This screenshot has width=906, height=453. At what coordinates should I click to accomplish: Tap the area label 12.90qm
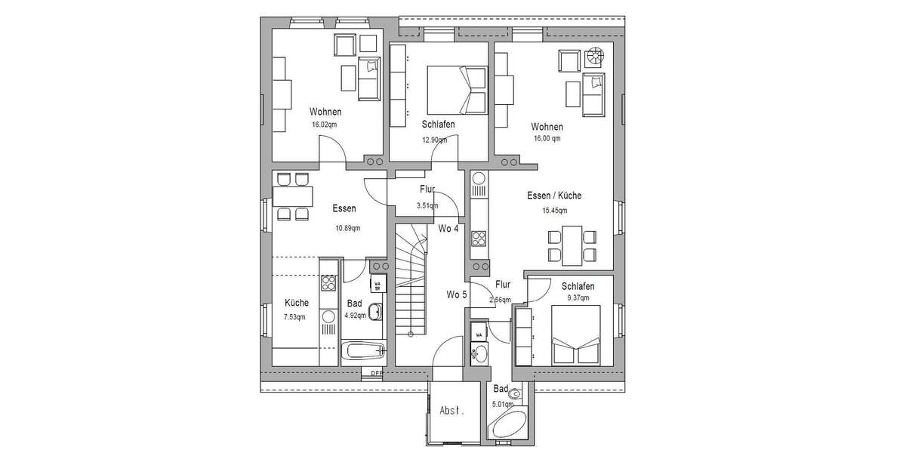click(x=435, y=139)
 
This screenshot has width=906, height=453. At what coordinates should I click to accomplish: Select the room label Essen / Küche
click(x=554, y=196)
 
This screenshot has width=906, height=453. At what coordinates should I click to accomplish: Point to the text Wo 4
click(x=448, y=229)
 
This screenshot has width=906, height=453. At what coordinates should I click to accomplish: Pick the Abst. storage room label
click(x=452, y=411)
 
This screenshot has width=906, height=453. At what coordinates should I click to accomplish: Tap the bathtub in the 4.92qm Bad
click(x=364, y=350)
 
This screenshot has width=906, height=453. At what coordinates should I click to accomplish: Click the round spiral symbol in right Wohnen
click(x=596, y=57)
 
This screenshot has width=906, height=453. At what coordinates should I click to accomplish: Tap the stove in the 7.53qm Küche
click(x=328, y=282)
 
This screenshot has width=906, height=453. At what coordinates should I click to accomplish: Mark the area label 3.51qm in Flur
click(x=428, y=205)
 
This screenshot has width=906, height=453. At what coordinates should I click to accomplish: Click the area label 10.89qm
click(x=347, y=228)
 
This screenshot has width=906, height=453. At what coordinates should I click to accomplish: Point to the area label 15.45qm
click(x=554, y=211)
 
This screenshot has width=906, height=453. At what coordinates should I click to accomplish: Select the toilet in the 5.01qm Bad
click(x=515, y=393)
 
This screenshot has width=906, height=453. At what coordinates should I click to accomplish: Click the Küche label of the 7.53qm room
click(x=296, y=303)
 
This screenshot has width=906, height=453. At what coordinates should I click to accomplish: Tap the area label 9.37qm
click(x=578, y=299)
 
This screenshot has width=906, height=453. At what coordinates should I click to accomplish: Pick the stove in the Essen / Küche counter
click(x=479, y=239)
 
